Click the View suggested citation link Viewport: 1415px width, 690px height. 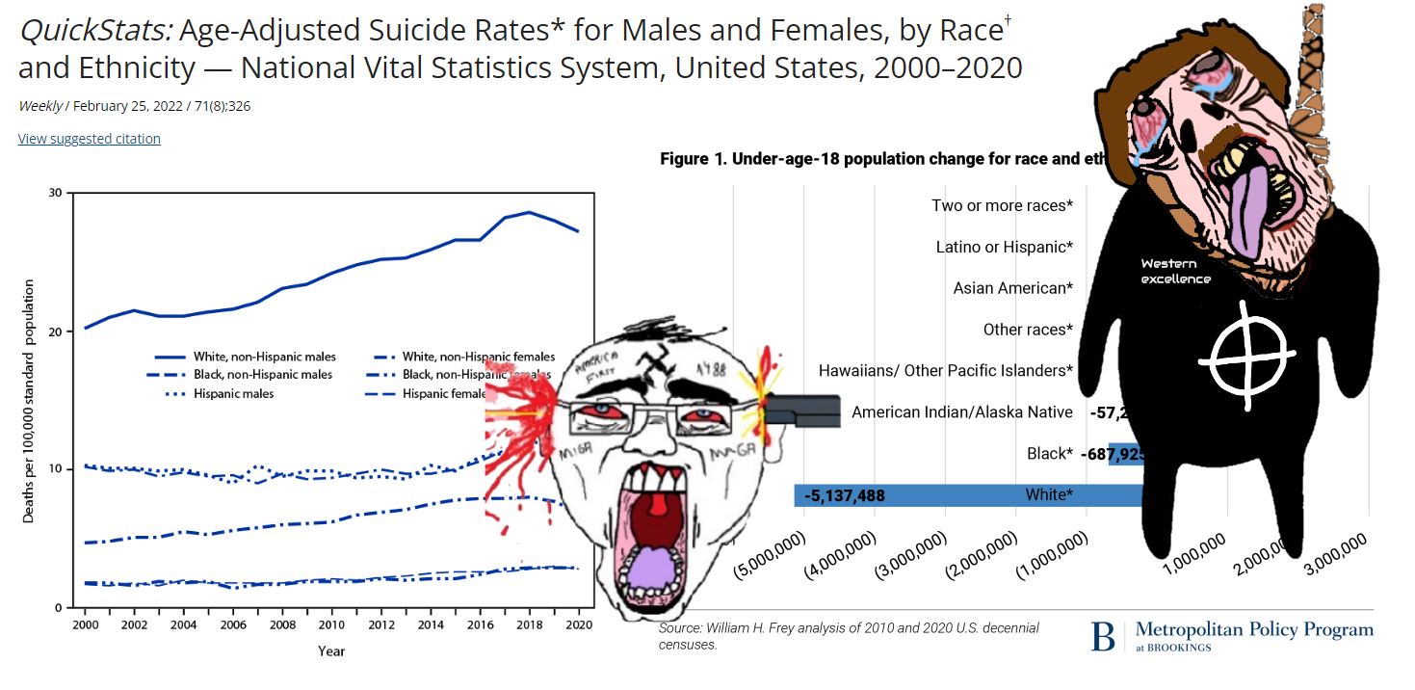(89, 139)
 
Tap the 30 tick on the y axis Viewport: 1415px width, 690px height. (55, 193)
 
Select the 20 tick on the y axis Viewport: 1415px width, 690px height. (55, 332)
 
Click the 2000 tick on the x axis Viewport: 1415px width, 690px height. (85, 624)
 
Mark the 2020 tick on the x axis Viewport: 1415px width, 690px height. (578, 624)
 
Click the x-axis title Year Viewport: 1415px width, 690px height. (331, 650)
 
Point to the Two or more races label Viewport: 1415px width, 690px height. (1002, 205)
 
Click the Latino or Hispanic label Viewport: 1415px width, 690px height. (1004, 247)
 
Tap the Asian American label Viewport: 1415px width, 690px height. (1012, 288)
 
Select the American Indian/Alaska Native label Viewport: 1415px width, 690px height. (961, 412)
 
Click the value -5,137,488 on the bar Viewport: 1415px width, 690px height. (847, 496)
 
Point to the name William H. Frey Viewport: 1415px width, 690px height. (747, 628)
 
